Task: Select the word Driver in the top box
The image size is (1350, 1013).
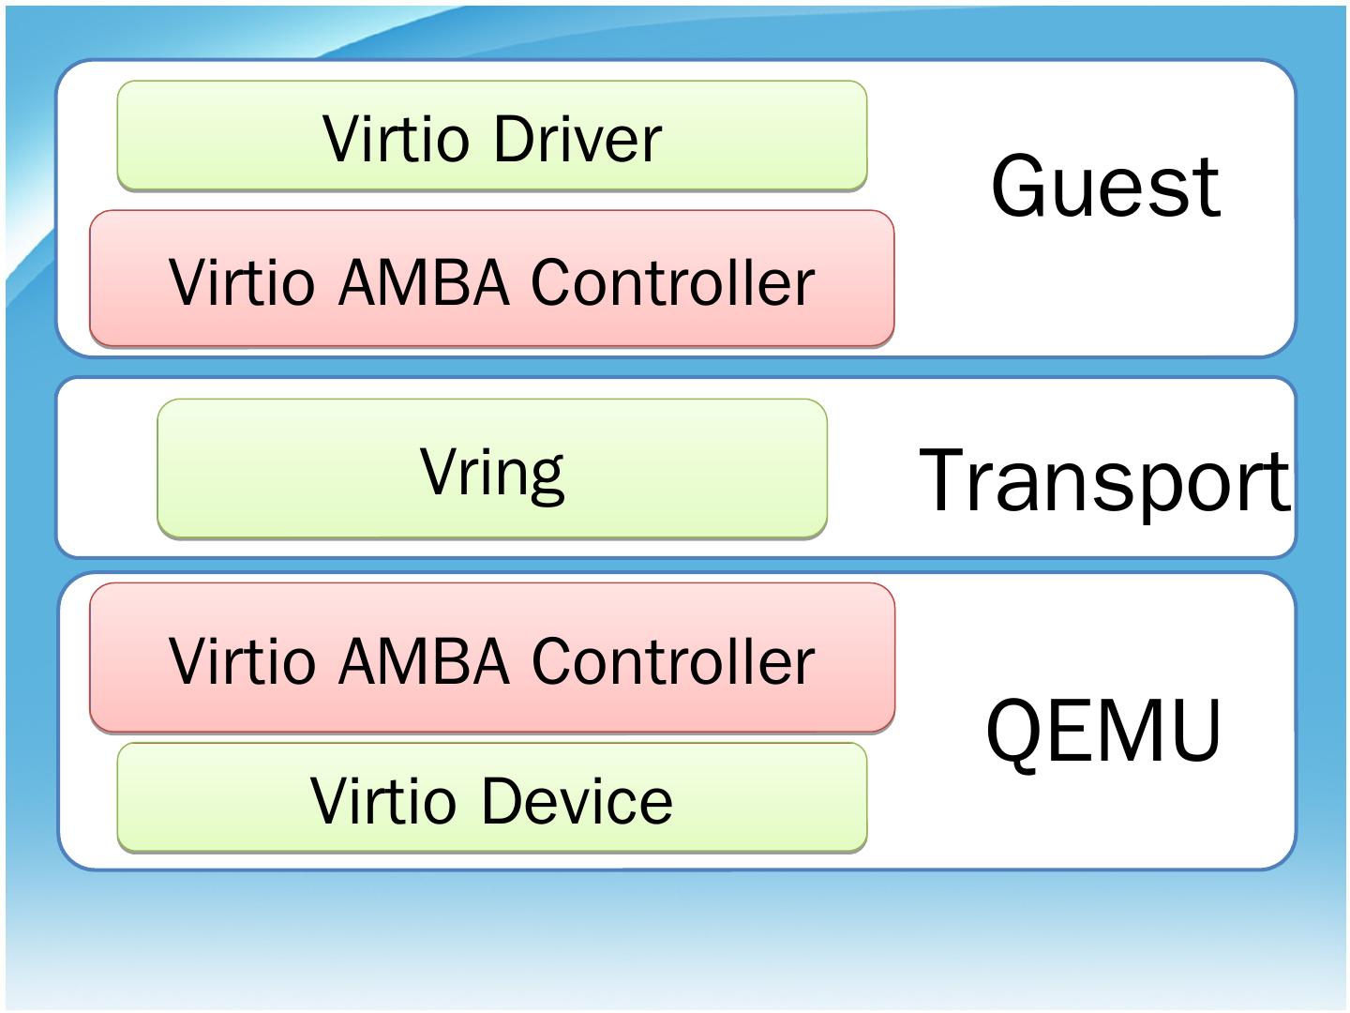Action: [x=577, y=140]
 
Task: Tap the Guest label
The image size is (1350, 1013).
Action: [x=1105, y=187]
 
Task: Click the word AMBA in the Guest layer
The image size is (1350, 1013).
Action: [x=423, y=281]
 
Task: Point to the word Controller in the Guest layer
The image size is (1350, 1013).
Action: [x=672, y=281]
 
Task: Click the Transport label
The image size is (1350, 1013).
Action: [x=1105, y=480]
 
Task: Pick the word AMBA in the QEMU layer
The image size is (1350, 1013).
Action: [x=423, y=661]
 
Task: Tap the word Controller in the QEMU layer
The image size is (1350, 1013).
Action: [x=672, y=661]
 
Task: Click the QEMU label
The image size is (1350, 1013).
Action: [x=1104, y=730]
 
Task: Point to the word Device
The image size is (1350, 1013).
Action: [x=577, y=801]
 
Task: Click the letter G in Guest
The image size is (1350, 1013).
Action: [x=1019, y=187]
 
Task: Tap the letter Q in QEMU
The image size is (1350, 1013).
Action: [x=1016, y=732]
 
